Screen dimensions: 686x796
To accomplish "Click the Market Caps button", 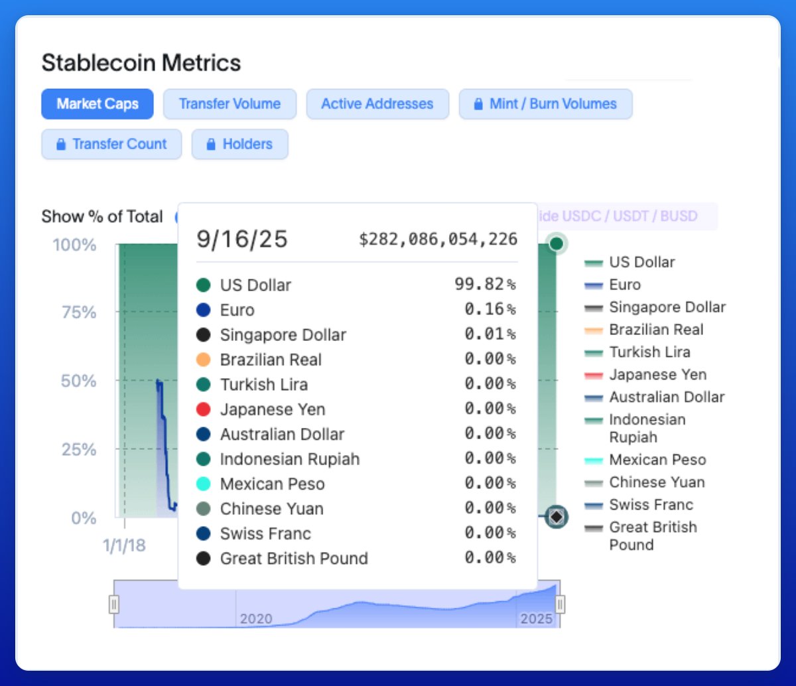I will click(x=98, y=104).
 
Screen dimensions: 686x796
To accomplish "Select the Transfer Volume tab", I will click(x=230, y=104).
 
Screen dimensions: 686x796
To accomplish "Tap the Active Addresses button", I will click(x=377, y=104).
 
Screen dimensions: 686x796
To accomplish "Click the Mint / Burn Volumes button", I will click(x=545, y=104).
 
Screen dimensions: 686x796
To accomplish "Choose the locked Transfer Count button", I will click(x=111, y=144).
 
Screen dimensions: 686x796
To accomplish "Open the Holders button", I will click(x=240, y=144).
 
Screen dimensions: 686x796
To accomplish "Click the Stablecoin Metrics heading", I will click(x=141, y=63).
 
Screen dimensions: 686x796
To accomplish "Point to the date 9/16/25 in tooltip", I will click(x=242, y=239).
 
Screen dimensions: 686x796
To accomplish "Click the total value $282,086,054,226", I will click(x=438, y=239).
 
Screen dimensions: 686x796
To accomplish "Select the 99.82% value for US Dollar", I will click(x=485, y=285).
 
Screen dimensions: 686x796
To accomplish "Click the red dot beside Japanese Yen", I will click(x=204, y=409).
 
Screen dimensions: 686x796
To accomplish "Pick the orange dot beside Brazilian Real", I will click(x=204, y=360).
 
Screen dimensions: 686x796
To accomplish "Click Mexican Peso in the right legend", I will click(x=657, y=460).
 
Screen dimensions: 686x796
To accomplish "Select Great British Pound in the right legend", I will click(x=653, y=535).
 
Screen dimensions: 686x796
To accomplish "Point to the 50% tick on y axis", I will click(x=79, y=381).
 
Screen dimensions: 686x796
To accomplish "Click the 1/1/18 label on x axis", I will click(x=124, y=545).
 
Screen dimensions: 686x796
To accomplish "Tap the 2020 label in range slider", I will click(x=256, y=618).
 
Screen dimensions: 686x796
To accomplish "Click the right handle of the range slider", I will click(x=561, y=604).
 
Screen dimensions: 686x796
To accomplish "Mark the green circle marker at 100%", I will click(x=557, y=243).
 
